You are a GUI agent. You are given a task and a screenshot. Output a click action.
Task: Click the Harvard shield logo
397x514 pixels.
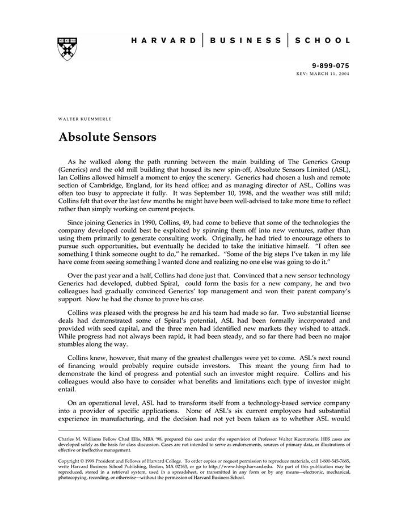point(67,49)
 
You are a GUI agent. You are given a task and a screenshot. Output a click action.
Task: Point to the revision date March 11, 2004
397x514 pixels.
point(332,74)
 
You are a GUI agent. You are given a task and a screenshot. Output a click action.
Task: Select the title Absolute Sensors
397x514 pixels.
point(107,137)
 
